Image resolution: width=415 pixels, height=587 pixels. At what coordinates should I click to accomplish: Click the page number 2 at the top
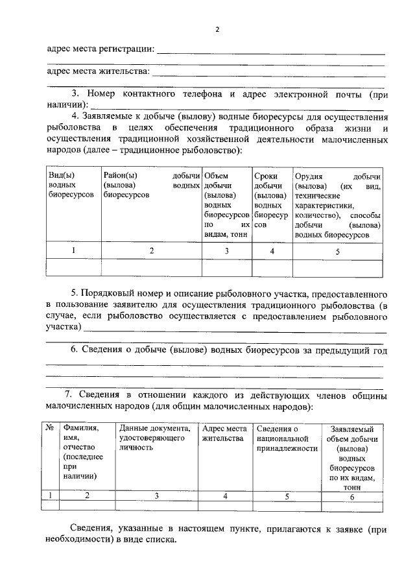[217, 30]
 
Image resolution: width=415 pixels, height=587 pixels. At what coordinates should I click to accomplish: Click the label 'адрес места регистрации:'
[101, 49]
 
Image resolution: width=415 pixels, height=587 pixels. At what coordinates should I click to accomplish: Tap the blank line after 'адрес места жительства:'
[268, 72]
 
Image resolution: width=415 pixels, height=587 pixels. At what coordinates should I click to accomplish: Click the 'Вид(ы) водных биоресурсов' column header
[72, 185]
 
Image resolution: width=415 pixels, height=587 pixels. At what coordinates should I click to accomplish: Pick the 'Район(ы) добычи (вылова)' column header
[150, 185]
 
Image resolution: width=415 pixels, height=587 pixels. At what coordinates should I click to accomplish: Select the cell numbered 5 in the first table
[337, 251]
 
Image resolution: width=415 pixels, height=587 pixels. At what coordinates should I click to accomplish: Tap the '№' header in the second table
[49, 428]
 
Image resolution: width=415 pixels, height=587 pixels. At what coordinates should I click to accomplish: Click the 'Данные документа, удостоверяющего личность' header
[156, 433]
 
